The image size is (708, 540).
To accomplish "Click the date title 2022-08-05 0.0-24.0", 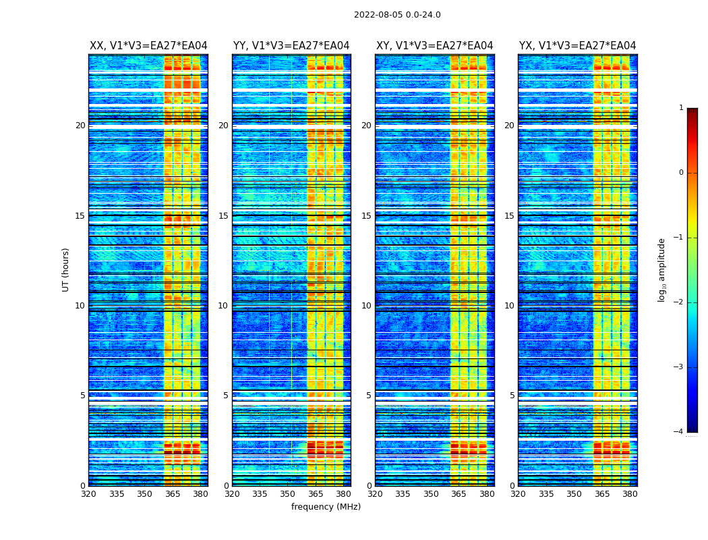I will tap(397, 15).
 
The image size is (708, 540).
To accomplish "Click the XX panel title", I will tap(148, 46).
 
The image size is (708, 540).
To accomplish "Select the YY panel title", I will tap(291, 46).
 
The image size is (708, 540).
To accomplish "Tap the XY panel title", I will tap(434, 46).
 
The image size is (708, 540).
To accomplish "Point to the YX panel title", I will tap(577, 46).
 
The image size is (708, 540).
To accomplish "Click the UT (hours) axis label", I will tap(66, 269).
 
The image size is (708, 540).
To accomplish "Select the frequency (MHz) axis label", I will tap(326, 507).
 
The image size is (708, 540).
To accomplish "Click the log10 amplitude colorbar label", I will tap(662, 269).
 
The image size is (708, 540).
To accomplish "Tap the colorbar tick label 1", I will tap(681, 108).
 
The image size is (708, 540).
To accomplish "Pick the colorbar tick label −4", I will tap(679, 432).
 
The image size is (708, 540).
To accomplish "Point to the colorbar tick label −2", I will tap(679, 302).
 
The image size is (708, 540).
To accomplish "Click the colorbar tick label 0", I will tap(681, 173).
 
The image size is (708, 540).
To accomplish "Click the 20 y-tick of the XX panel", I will tap(80, 126).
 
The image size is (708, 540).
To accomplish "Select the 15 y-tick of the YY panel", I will tap(223, 216).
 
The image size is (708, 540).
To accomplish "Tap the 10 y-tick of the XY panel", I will tap(366, 306).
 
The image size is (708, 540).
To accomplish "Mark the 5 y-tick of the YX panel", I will tap(512, 396).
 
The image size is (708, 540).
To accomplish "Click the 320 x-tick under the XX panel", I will tap(88, 494).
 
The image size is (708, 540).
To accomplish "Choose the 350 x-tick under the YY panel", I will tap(287, 494).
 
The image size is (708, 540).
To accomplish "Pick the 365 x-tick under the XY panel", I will tap(459, 494).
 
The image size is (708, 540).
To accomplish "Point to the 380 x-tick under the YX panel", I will tap(630, 494).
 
